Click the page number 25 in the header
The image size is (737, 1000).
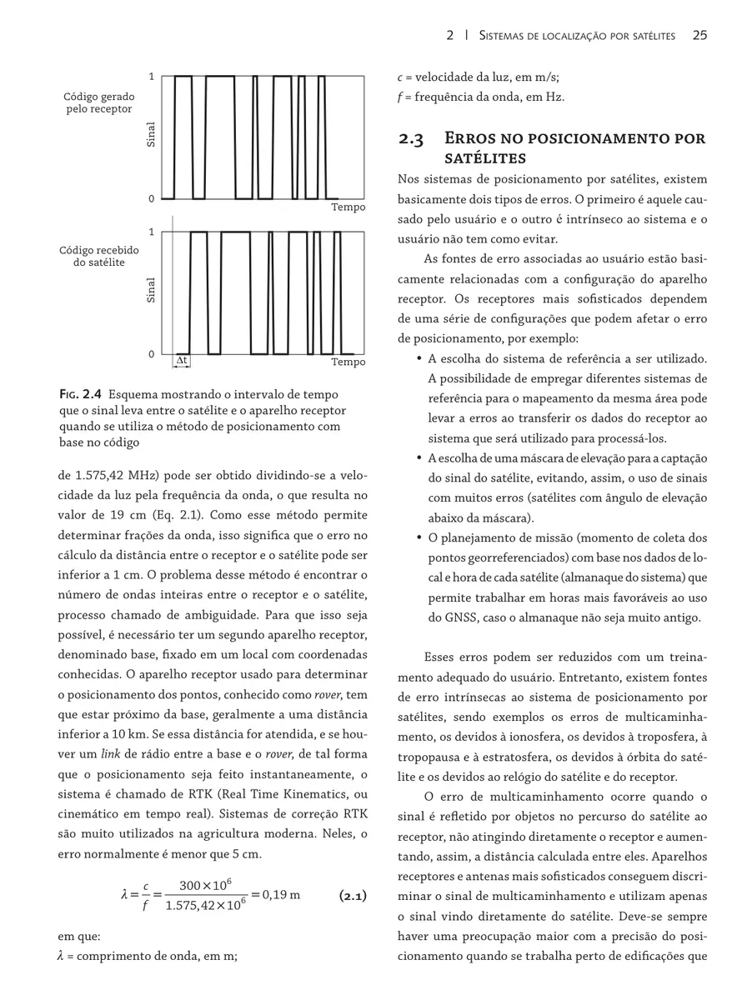click(699, 35)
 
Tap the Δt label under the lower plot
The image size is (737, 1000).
click(181, 361)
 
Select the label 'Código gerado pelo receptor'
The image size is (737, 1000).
click(99, 103)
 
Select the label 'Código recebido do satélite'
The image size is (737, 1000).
click(99, 256)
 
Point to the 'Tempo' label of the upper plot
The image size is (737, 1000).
click(348, 207)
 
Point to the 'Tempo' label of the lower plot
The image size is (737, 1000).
click(348, 362)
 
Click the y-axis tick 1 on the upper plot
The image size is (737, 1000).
click(151, 77)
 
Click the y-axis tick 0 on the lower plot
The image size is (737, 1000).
click(151, 354)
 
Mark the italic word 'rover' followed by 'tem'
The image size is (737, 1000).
click(327, 695)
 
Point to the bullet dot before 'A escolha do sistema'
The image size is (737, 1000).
click(417, 359)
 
